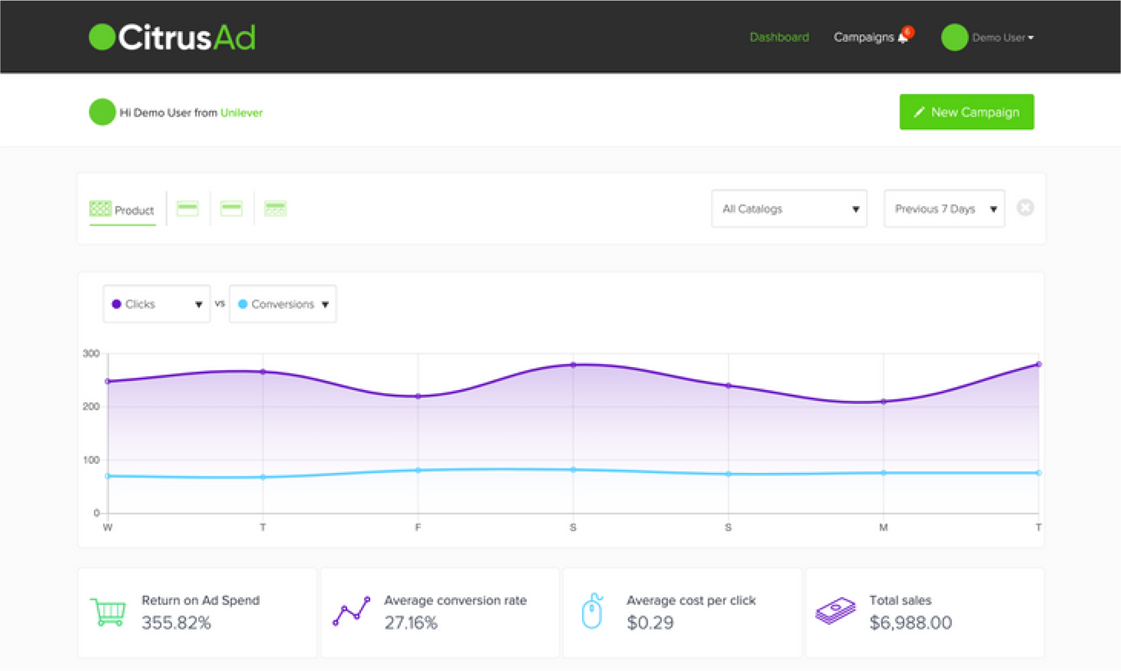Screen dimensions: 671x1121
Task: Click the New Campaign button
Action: coord(966,112)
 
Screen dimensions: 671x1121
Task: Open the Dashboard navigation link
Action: coord(779,37)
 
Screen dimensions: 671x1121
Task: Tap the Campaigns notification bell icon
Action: coord(903,37)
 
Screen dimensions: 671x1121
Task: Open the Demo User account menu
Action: coord(1002,38)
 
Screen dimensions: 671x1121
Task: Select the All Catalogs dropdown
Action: coord(789,209)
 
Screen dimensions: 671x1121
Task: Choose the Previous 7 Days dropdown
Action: coord(944,209)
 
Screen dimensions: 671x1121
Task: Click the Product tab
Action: coord(123,209)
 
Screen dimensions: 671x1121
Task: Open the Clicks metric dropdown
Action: coord(157,304)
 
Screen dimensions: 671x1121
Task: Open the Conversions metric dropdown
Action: coord(283,304)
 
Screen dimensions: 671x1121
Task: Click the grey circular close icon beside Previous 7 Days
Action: coord(1025,208)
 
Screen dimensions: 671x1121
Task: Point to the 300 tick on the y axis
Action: coord(91,353)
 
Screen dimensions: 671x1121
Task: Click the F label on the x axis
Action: coord(418,527)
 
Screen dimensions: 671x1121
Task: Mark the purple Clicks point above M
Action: coord(883,402)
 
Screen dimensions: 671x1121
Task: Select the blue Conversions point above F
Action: coord(418,470)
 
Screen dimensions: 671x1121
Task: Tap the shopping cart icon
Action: coord(108,612)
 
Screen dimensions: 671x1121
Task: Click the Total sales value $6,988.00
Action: coord(910,623)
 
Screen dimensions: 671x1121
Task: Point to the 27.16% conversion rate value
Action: coord(411,623)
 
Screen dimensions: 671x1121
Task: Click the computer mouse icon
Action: coord(592,611)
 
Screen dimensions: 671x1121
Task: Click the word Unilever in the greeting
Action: coord(241,113)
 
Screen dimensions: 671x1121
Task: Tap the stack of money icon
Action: coord(835,611)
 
